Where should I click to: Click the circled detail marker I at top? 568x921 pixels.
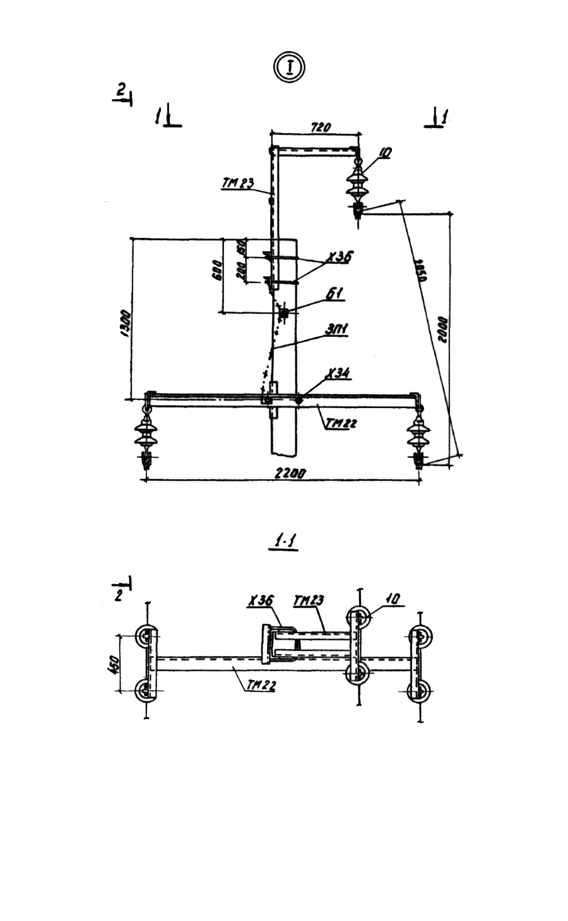coord(289,66)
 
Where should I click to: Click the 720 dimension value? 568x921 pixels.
coord(320,127)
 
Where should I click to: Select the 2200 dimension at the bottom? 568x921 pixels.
coord(290,472)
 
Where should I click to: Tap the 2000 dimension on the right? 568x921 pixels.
coord(444,327)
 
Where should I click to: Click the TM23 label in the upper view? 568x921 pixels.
coord(237,184)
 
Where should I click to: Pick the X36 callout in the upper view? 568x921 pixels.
coord(340,257)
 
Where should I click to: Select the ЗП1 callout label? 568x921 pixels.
coord(338,329)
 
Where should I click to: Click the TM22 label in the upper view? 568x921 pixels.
coord(341,423)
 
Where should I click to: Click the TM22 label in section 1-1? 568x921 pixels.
coord(259,686)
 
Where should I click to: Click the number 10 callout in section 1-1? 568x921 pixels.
coord(393,598)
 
